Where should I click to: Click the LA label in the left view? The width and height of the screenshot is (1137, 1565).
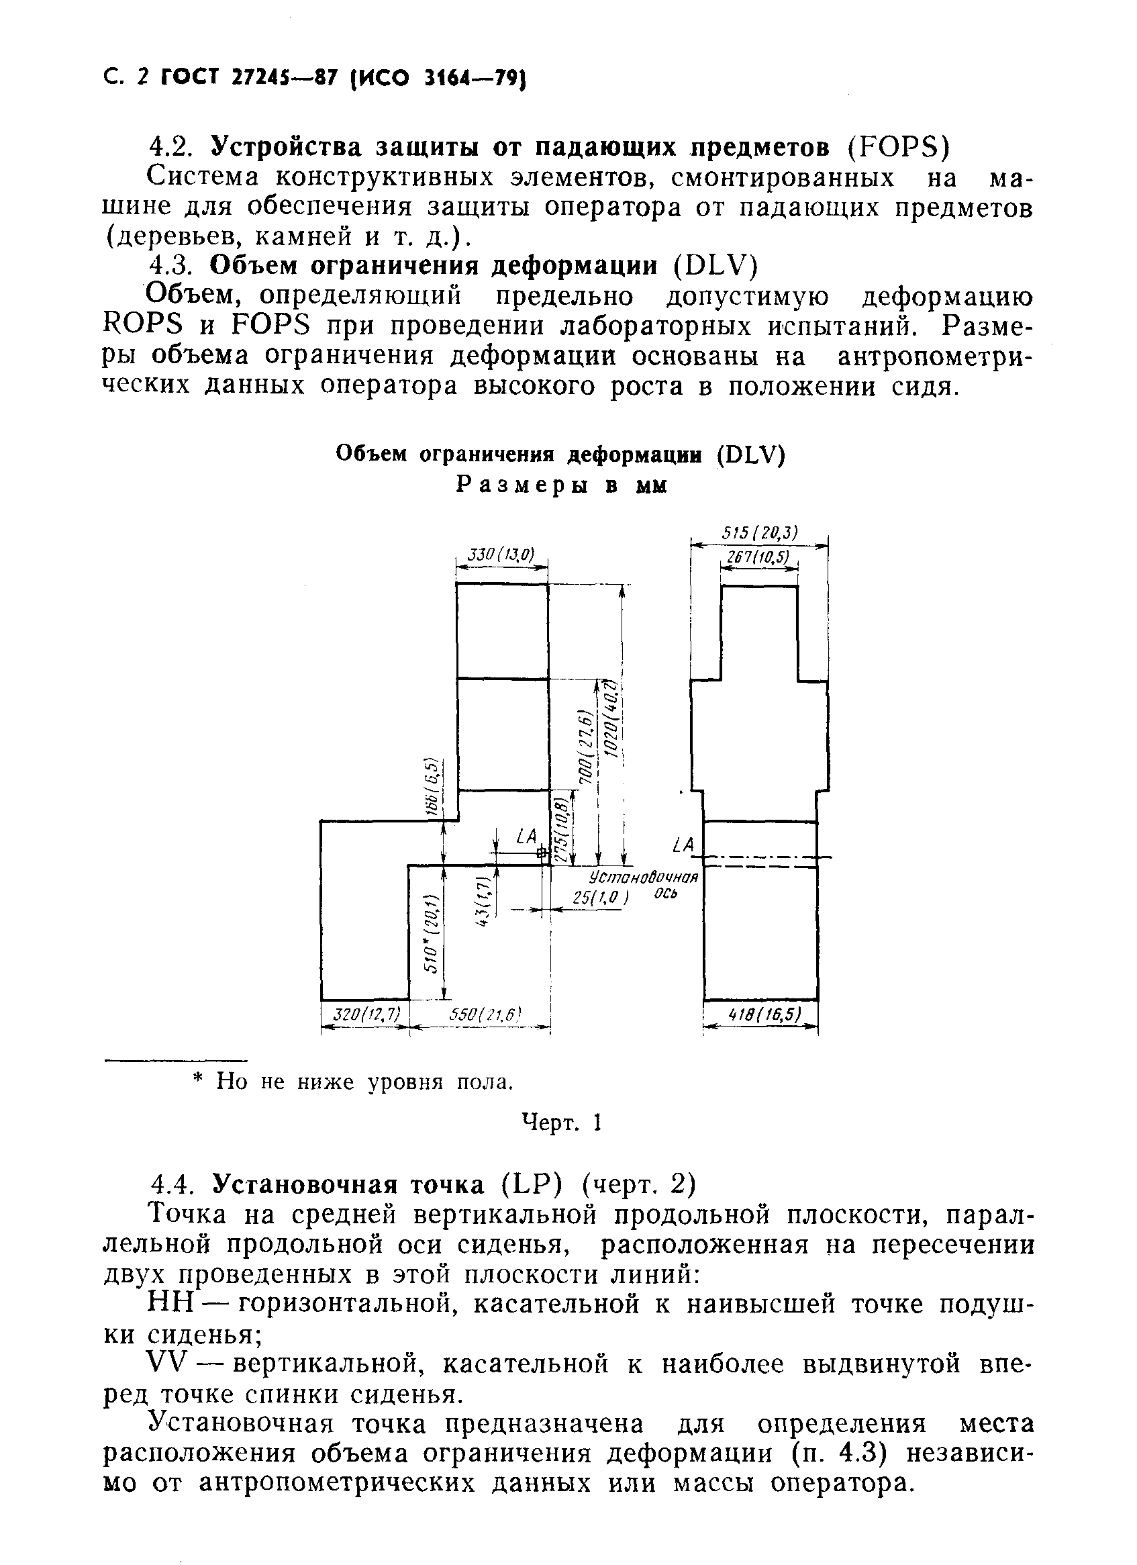click(526, 837)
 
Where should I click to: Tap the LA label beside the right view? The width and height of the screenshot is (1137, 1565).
click(683, 845)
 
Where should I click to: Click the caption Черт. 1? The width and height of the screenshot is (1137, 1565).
click(562, 1123)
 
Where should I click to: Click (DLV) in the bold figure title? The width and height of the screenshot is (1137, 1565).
click(750, 455)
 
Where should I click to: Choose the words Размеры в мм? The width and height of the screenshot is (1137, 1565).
click(562, 485)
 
